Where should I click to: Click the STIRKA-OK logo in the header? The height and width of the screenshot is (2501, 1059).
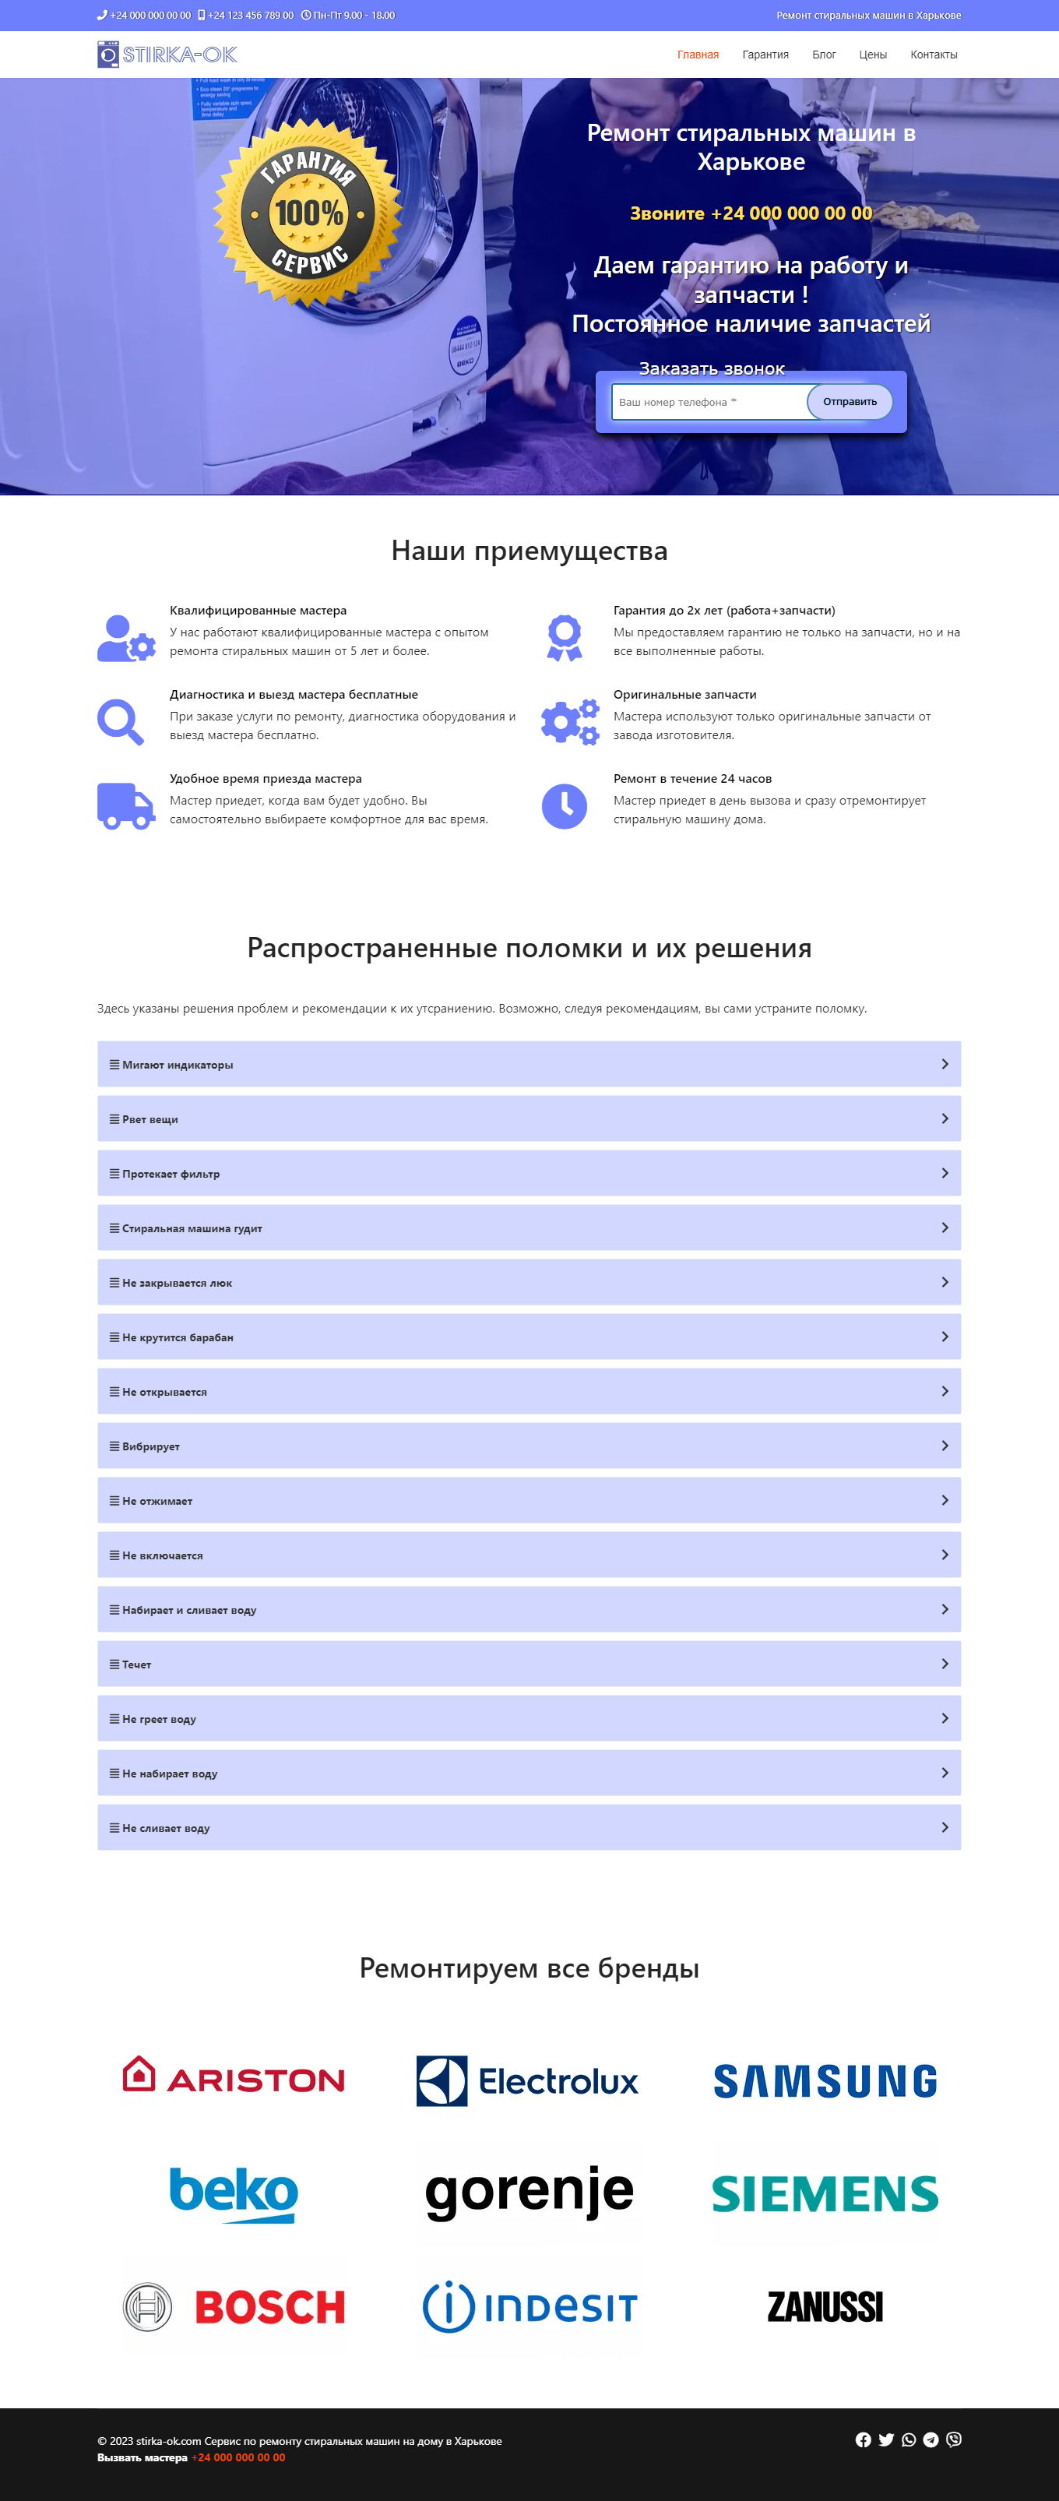[167, 55]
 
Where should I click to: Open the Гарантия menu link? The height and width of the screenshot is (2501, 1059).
[765, 55]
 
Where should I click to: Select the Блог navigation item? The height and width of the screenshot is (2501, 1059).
[823, 55]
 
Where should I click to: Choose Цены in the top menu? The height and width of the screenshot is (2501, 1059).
[873, 55]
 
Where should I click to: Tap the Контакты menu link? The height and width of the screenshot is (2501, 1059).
[933, 55]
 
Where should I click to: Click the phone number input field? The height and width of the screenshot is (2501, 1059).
[709, 402]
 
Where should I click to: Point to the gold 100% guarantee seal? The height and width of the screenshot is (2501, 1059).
[308, 213]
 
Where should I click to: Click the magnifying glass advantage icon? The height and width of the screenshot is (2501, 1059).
[121, 722]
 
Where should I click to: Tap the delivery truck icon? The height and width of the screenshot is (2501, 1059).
[125, 807]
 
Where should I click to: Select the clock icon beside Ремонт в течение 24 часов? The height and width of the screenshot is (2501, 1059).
[564, 807]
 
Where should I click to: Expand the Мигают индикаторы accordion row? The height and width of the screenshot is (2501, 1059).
[529, 1064]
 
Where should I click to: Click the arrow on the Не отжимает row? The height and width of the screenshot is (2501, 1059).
[945, 1500]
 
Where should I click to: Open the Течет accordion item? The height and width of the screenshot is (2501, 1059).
[529, 1664]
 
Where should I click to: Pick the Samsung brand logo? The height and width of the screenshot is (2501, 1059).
[825, 2080]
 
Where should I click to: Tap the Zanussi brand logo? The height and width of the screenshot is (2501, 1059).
[825, 2307]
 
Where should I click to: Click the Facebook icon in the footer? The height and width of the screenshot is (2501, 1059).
[863, 2439]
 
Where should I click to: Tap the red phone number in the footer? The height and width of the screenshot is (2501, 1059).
[239, 2457]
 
